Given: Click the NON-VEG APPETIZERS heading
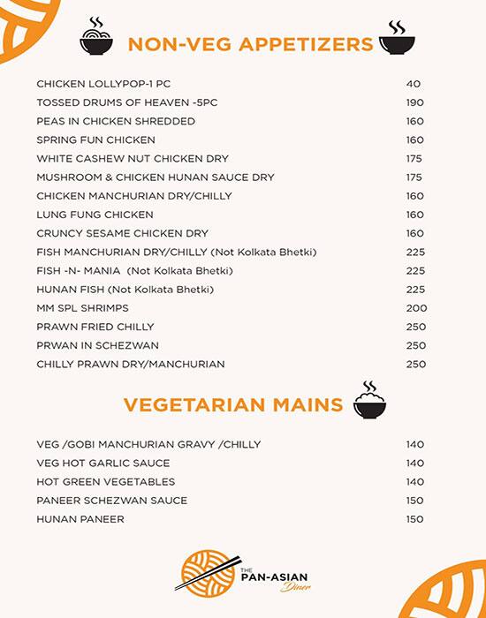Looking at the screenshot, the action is coord(250,44).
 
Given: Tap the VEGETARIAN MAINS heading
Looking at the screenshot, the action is coord(232,405).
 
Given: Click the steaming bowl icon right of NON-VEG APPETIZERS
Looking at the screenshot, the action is coord(398,38).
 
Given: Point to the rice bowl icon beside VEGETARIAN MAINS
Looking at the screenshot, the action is coord(370,401).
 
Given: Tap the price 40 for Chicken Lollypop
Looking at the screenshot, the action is coord(414,84).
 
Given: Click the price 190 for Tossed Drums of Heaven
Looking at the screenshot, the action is coord(415,102).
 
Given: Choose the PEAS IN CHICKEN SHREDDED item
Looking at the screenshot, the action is coord(116,121).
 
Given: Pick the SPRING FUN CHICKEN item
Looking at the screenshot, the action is coord(95,139).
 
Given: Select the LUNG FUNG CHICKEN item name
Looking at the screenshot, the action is coord(95,215).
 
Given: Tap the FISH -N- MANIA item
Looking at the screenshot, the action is coord(134,270).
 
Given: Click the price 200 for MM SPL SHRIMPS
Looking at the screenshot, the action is coord(416,308).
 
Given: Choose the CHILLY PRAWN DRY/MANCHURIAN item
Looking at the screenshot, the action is coord(130,364).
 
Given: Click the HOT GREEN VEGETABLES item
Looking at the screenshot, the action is coord(105,482).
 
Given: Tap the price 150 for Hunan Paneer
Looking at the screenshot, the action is coord(415,519).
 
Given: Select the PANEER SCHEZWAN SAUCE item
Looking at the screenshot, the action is coord(111,501).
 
